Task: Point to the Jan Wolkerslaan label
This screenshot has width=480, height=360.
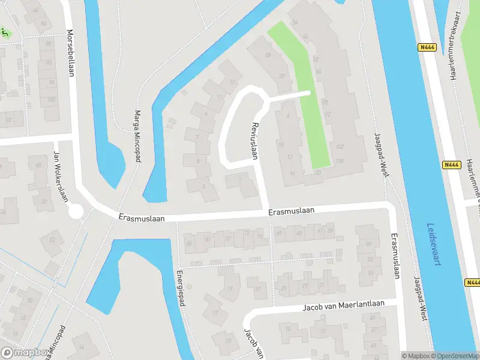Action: click(x=60, y=177)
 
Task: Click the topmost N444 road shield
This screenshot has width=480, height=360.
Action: click(x=426, y=46)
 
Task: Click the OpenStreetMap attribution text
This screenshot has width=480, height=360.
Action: click(x=453, y=356)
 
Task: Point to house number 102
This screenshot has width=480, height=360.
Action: click(x=340, y=146)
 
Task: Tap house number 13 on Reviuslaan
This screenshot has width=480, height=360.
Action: click(x=232, y=82)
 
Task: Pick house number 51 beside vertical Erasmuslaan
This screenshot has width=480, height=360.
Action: click(x=370, y=274)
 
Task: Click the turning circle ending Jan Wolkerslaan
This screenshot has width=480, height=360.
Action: click(x=76, y=211)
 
